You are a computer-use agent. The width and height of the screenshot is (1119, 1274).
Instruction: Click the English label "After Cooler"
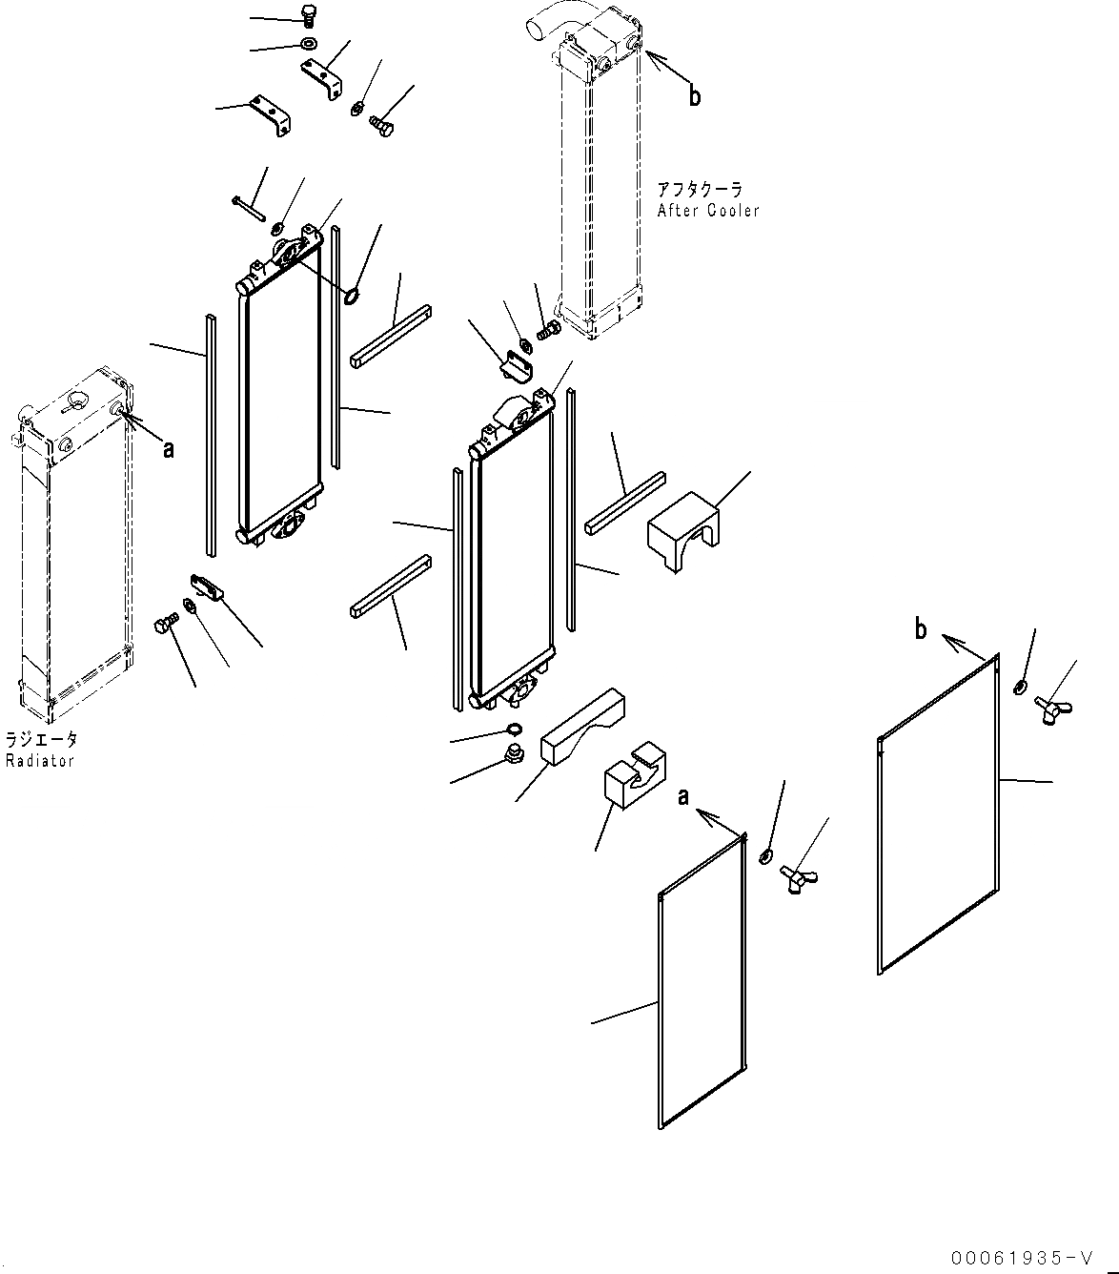[708, 211]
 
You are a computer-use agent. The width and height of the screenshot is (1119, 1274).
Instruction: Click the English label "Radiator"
[39, 760]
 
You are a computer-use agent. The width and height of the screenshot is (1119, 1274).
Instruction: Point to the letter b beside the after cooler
[695, 95]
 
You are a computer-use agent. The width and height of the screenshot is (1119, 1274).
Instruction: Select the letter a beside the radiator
[169, 447]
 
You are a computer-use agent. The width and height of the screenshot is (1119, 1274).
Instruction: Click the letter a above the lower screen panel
[683, 797]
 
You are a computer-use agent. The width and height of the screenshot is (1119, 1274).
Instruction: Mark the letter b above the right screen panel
[921, 629]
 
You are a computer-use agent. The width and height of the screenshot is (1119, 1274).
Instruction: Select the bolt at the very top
[308, 15]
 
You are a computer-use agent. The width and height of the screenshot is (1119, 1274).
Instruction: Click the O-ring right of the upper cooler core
[351, 296]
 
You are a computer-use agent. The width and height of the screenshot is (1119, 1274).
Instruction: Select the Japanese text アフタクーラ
[699, 190]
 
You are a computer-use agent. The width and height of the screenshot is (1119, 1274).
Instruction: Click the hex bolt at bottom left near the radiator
[163, 627]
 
